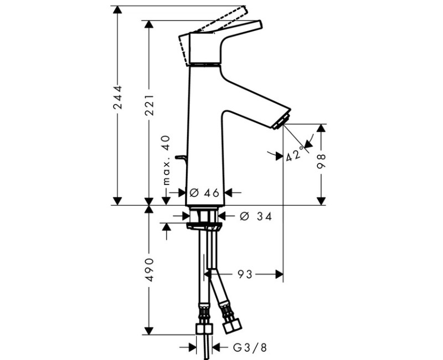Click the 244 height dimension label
click(117, 97)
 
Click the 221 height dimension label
click(149, 105)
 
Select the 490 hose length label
click(149, 270)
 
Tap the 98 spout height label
click(321, 161)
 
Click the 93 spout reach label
click(245, 274)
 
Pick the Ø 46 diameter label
click(204, 193)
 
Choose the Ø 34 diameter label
click(256, 217)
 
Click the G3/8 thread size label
click(250, 348)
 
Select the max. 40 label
click(167, 160)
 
